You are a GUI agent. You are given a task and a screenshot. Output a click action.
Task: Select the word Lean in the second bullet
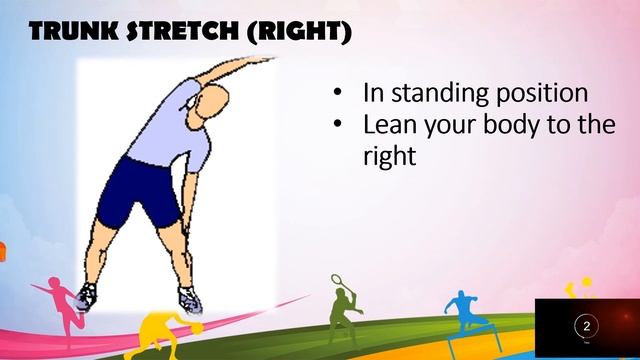[x=388, y=126]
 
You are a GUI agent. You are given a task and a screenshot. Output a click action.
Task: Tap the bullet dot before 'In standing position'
[x=339, y=94]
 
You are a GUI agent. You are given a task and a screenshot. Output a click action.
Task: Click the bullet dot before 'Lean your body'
[x=339, y=125]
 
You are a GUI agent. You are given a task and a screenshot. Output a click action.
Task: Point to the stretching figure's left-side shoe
[x=88, y=295]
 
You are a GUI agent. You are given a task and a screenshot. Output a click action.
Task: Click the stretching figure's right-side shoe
[x=189, y=298]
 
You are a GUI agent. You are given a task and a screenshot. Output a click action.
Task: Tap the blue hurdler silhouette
[x=463, y=311]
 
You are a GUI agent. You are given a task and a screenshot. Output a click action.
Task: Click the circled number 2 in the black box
[x=586, y=327]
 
